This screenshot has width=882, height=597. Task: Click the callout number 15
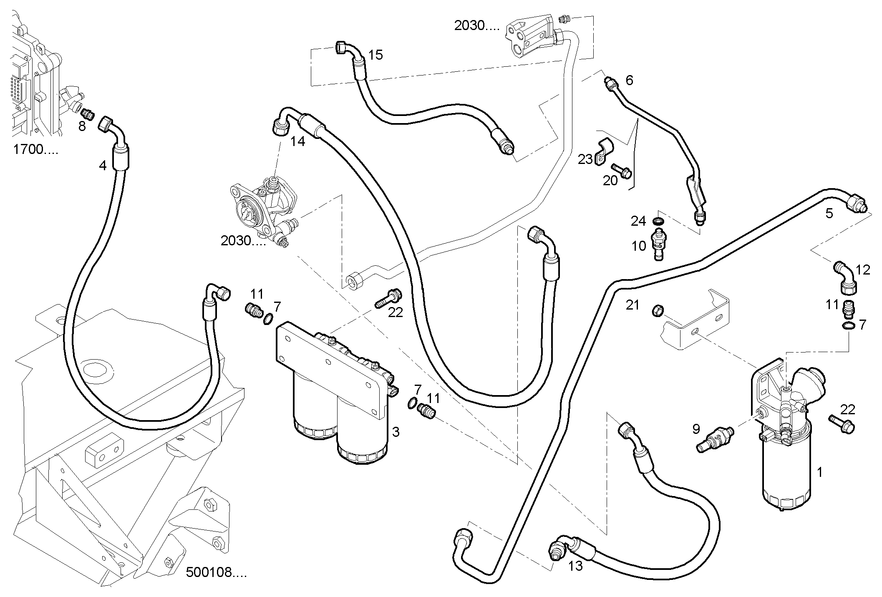tap(375, 55)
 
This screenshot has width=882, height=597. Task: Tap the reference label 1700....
tap(35, 149)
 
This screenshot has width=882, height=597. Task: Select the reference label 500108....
tap(216, 572)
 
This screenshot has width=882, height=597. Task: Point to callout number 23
tap(585, 159)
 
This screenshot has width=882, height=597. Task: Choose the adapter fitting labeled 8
tap(88, 113)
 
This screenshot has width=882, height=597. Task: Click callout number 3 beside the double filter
tap(396, 432)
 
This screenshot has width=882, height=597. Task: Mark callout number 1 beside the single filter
tap(819, 472)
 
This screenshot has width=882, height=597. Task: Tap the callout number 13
tap(575, 566)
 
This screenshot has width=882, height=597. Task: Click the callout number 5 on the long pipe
tap(829, 213)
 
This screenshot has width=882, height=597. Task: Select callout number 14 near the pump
tap(297, 142)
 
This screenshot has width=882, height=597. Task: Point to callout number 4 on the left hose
tap(103, 166)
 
